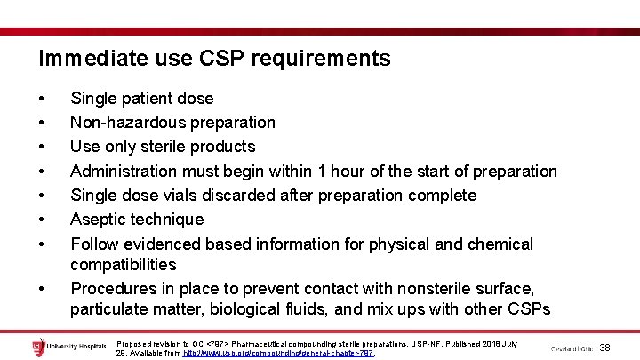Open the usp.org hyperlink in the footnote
coord(278,353)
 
